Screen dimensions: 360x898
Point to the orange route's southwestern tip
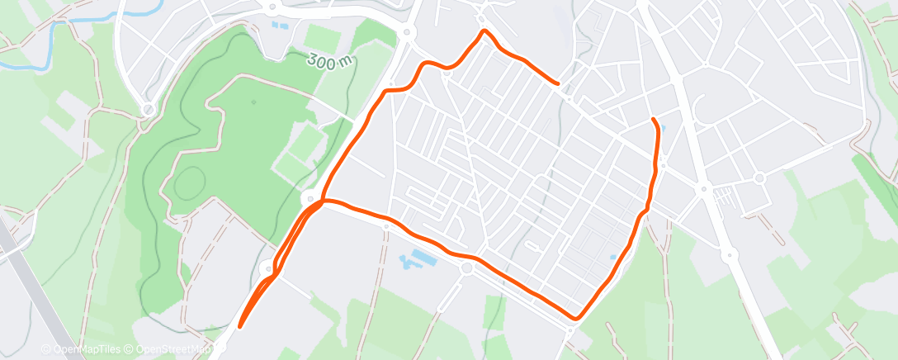[x=240, y=326]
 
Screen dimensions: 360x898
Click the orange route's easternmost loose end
[x=558, y=83]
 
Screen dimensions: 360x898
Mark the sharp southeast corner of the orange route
[x=578, y=318]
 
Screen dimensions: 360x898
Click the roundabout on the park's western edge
[x=149, y=109]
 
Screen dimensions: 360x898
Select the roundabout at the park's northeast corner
[x=407, y=33]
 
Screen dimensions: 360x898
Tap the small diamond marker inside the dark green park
[x=253, y=102]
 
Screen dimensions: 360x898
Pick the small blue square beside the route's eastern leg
[x=613, y=258]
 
